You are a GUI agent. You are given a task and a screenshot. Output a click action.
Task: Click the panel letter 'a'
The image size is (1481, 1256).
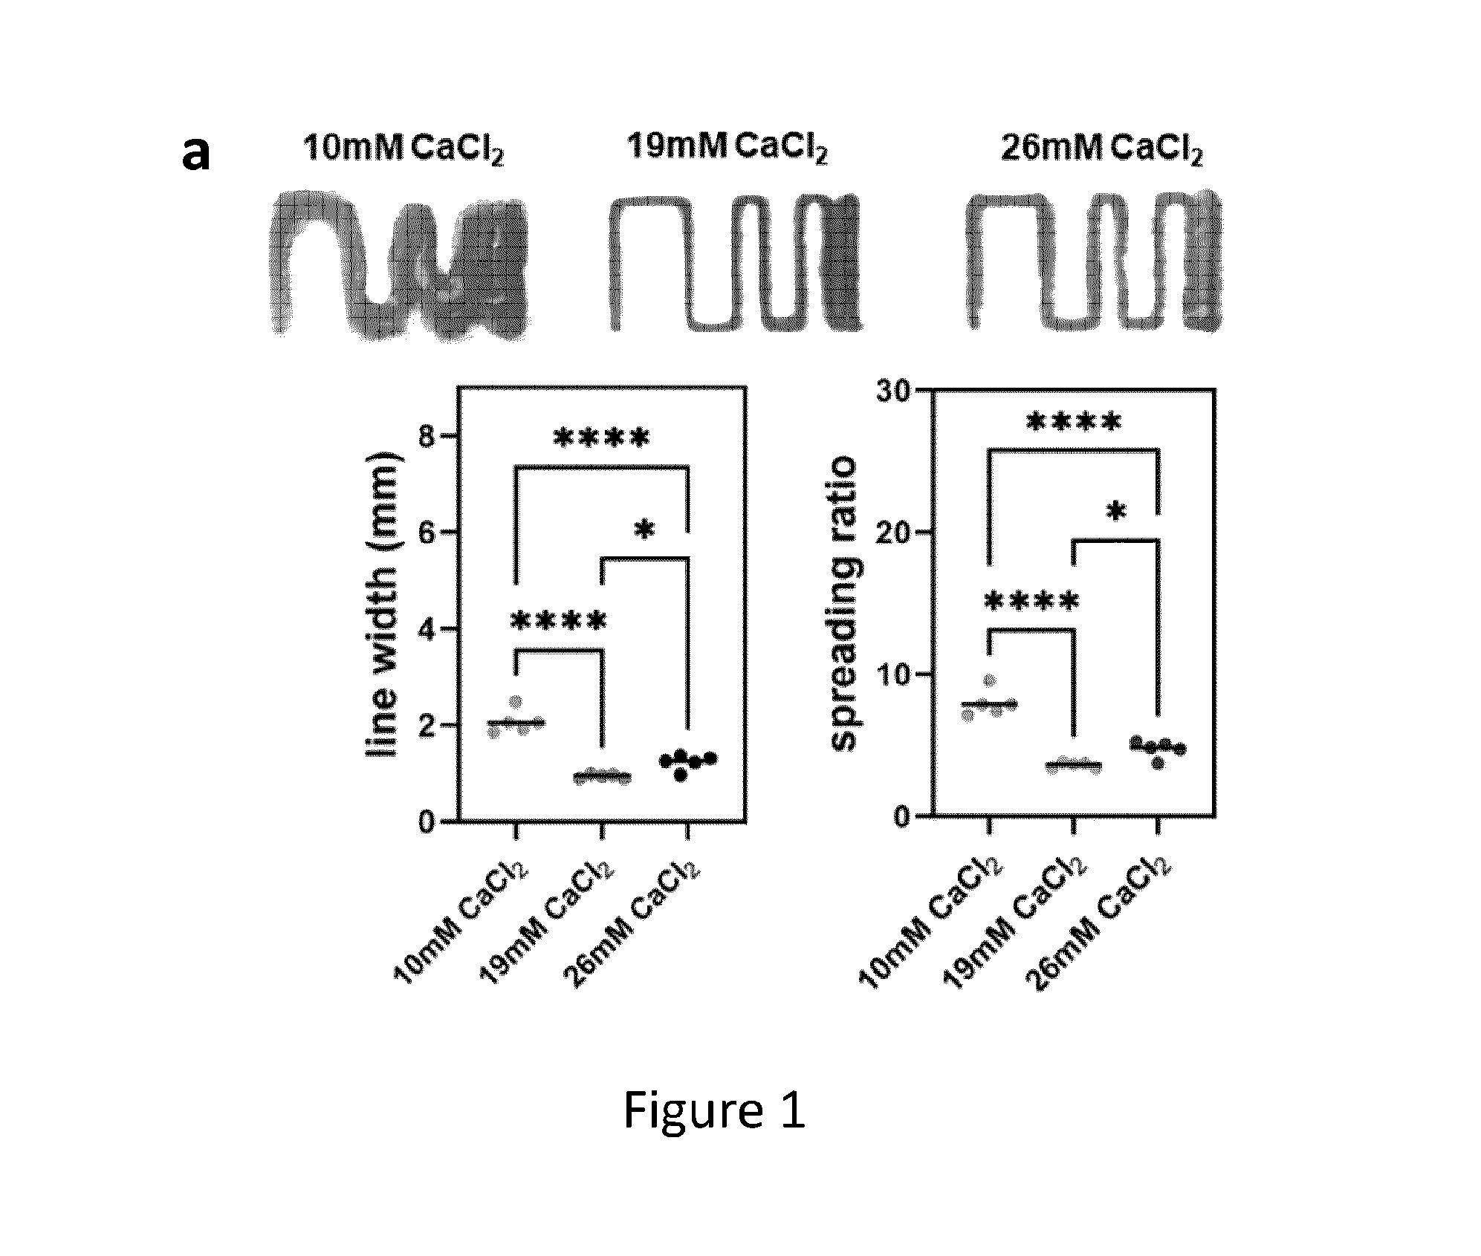pyautogui.click(x=195, y=155)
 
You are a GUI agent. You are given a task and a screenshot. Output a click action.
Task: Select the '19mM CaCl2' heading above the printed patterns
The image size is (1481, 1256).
pyautogui.click(x=727, y=147)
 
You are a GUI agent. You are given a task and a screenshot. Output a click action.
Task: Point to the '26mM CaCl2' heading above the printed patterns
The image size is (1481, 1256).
pyautogui.click(x=1102, y=149)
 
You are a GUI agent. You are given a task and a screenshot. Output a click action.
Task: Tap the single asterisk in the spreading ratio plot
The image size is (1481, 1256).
pyautogui.click(x=1115, y=512)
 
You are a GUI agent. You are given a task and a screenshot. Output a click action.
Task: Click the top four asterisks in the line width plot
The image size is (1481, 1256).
pyautogui.click(x=602, y=438)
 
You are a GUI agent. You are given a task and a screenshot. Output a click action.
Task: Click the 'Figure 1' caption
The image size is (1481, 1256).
pyautogui.click(x=714, y=1112)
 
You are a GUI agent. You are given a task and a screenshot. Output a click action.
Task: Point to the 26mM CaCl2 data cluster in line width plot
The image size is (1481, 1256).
pyautogui.click(x=687, y=762)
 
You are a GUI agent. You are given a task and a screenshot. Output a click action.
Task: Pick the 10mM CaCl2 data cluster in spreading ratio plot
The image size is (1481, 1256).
pyautogui.click(x=989, y=699)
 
